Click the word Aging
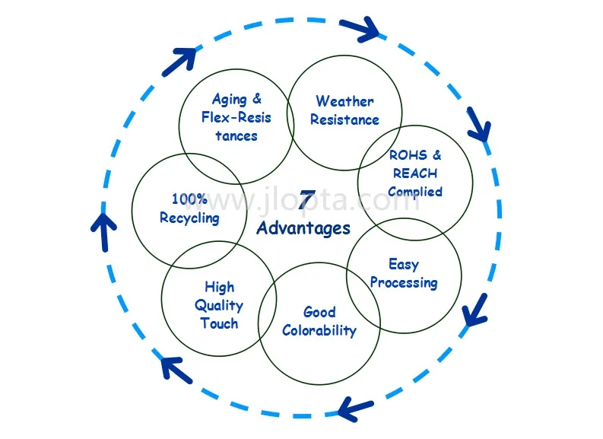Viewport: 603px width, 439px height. point(229,100)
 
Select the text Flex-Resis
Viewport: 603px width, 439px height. point(236,118)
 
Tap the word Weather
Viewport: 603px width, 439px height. point(344,101)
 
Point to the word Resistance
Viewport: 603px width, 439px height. point(344,119)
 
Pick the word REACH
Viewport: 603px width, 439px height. point(415,173)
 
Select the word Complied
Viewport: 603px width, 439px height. point(415,192)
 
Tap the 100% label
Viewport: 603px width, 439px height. point(189,199)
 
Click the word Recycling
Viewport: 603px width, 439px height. point(189,218)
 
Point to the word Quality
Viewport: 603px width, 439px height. point(219,305)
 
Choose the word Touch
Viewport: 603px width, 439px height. point(219,323)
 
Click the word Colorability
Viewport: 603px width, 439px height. point(319,330)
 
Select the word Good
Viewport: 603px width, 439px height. point(319,312)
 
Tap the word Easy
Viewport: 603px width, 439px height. point(404,265)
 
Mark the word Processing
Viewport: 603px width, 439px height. point(404,283)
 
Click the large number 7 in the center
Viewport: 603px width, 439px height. point(305,201)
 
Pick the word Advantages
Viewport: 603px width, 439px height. point(303,227)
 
